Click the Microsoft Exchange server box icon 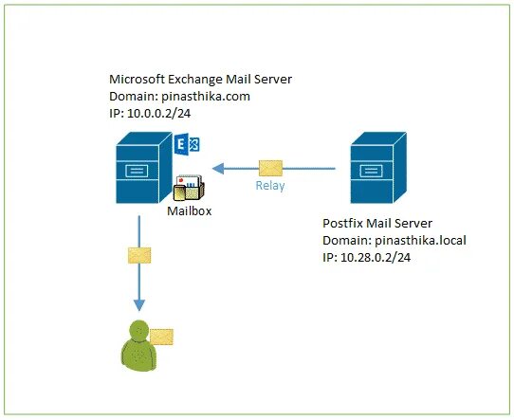point(144,168)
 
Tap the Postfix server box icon point(378,168)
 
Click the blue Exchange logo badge point(187,144)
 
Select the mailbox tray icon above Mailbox point(189,188)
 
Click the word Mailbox point(189,211)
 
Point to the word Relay point(269,186)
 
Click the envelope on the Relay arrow point(270,168)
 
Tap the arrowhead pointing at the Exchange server point(218,169)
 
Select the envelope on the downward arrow point(139,256)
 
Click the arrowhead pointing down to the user point(139,305)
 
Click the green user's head point(139,331)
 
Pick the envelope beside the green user point(161,338)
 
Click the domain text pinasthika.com point(206,97)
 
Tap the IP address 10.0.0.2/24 point(158,114)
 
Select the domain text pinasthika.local point(420,241)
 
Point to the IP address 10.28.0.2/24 point(376,258)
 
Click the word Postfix point(342,224)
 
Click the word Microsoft point(137,80)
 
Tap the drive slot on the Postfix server point(371,171)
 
